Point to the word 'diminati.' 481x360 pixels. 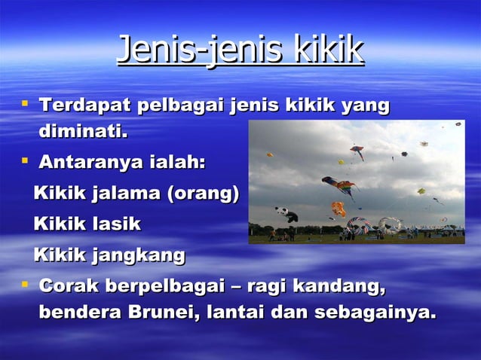click(83, 133)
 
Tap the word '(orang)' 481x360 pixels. click(204, 194)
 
